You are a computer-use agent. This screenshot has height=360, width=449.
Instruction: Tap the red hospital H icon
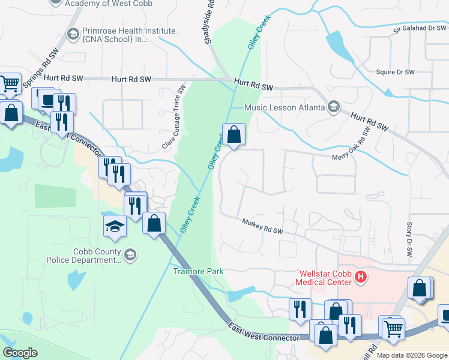pos(361,277)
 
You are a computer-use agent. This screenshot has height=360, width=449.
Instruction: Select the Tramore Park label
pos(198,271)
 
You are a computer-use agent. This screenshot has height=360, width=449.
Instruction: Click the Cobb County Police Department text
pos(96,256)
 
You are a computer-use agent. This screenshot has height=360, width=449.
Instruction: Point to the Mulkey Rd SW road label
pos(262,227)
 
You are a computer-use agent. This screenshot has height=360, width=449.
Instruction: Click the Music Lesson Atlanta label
pos(285,107)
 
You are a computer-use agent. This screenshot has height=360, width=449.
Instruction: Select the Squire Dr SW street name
pos(395,72)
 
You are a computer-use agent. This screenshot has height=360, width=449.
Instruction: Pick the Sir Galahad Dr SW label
pos(420,28)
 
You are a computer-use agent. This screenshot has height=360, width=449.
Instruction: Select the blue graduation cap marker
pos(115,227)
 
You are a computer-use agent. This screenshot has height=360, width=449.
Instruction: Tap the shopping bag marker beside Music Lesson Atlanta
pos(234,134)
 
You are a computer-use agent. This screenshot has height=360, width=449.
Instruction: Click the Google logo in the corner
pos(20,353)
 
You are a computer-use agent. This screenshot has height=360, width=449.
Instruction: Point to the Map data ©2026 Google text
pos(412,355)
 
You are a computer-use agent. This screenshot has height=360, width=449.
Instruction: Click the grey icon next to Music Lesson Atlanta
pos(334,107)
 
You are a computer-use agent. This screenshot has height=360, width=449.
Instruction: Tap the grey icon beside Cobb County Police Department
pos(130,256)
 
